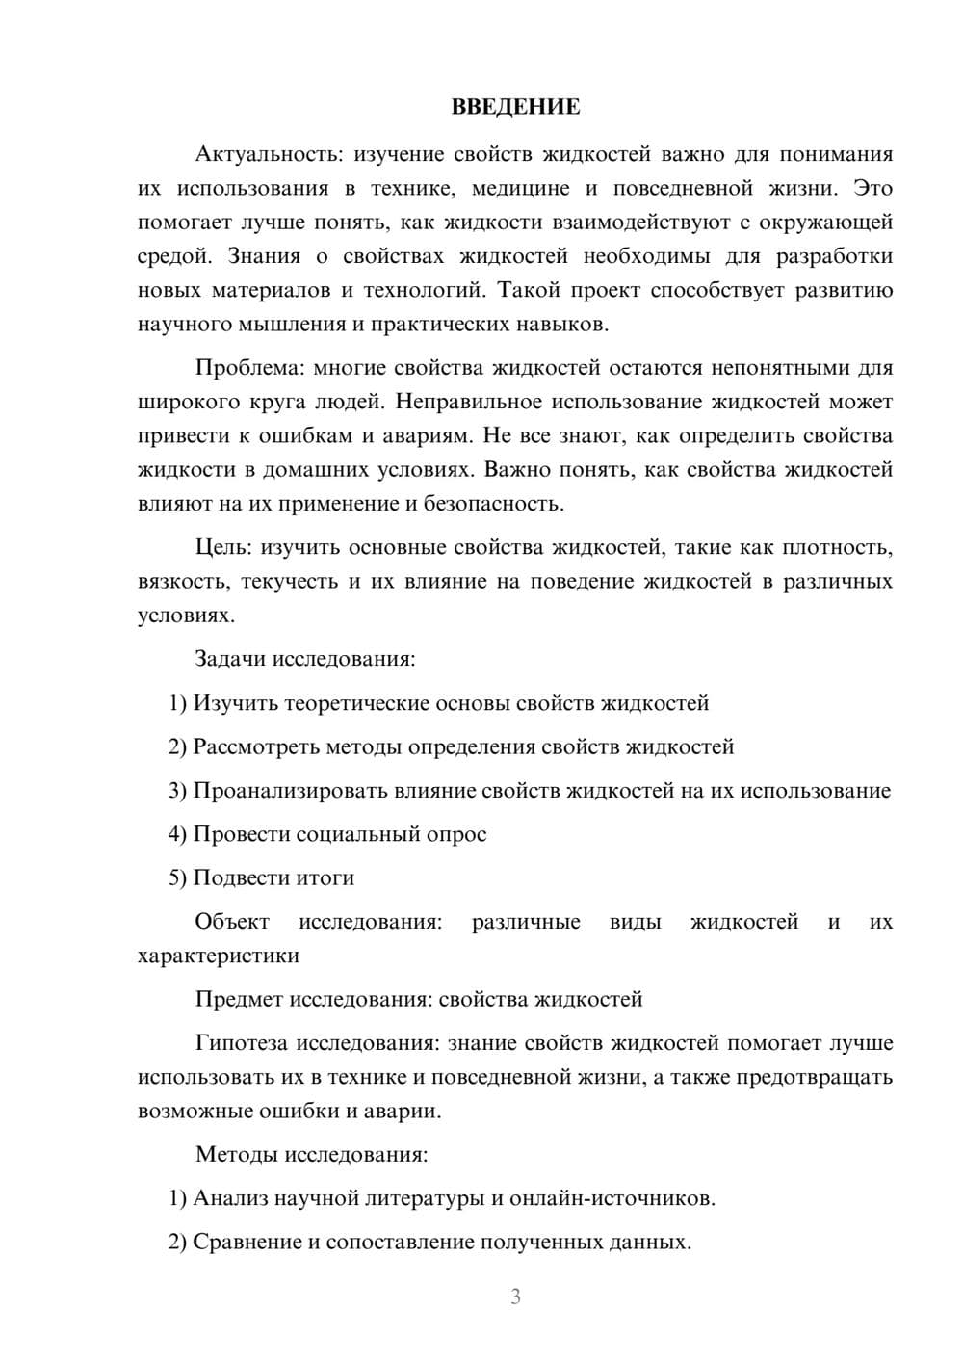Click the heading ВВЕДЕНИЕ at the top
[x=515, y=107]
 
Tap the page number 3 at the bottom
[x=515, y=1297]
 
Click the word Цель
[x=222, y=547]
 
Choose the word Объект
[x=232, y=921]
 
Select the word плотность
[x=837, y=547]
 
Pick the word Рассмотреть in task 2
[x=255, y=746]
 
